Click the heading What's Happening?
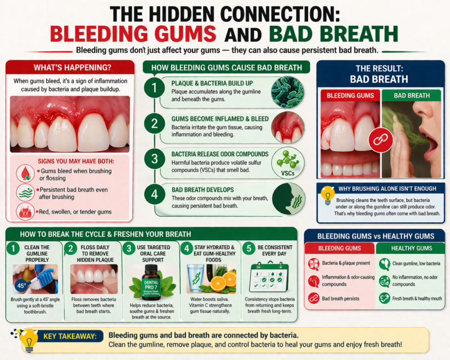coord(70,67)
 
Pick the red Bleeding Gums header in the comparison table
coord(339,248)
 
